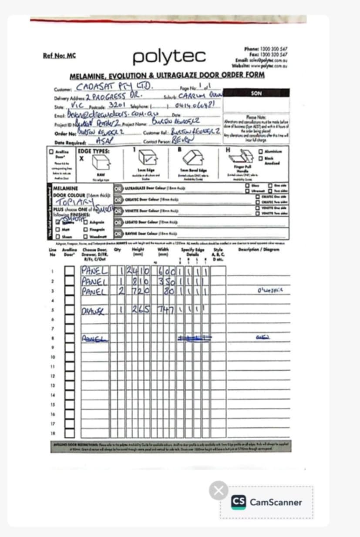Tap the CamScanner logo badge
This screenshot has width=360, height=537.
[x=266, y=502]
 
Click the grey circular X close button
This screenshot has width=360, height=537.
[x=219, y=490]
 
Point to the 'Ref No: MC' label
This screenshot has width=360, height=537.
[x=60, y=56]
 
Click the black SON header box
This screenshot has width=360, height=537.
[x=256, y=93]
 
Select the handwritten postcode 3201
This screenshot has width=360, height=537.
[x=117, y=106]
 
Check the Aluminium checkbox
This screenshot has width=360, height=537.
[x=260, y=151]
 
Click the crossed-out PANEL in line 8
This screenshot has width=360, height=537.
[x=94, y=338]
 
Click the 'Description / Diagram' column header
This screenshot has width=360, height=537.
[x=259, y=249]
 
